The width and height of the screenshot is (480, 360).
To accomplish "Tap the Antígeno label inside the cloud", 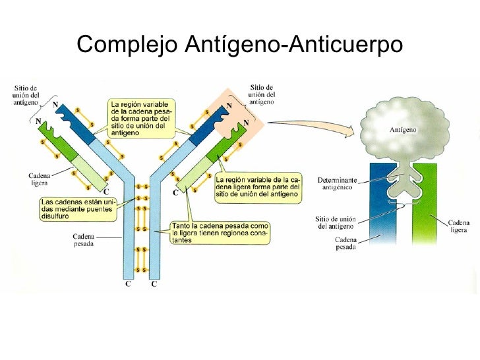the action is (x=403, y=130).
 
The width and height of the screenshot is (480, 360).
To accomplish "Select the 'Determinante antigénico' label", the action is (x=337, y=184).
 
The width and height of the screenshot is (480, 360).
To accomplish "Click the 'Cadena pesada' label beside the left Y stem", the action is (x=83, y=240).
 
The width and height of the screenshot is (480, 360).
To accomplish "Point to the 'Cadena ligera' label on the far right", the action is (x=459, y=226).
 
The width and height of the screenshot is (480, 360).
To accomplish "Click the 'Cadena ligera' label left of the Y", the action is (x=39, y=179).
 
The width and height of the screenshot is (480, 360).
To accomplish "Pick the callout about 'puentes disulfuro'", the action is (x=78, y=209).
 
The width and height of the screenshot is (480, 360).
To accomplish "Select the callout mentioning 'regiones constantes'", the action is (x=220, y=233).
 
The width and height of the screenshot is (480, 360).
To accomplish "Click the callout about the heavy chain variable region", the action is (x=142, y=119).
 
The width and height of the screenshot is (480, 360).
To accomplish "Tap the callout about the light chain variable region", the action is (x=258, y=187).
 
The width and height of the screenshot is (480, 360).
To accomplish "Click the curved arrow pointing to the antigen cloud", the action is (x=311, y=126).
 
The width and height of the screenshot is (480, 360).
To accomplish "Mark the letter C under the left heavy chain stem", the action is (x=128, y=284).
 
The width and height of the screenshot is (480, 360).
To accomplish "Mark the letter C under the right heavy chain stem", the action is (x=154, y=284).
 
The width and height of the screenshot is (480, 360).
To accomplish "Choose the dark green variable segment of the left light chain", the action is (x=58, y=141).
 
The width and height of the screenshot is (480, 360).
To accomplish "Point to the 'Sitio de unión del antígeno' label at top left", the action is (x=26, y=95).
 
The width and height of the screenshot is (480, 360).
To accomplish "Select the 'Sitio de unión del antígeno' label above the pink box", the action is (x=261, y=94).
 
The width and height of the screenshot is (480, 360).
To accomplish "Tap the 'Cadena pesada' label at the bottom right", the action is (x=345, y=243).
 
